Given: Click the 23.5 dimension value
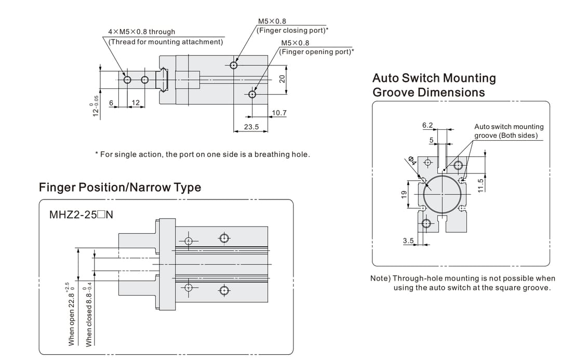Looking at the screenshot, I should pyautogui.click(x=251, y=126).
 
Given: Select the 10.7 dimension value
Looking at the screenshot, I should pyautogui.click(x=279, y=113).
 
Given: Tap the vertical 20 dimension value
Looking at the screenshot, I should pyautogui.click(x=282, y=79).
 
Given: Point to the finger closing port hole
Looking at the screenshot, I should pyautogui.click(x=234, y=65).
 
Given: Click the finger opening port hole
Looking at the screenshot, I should pyautogui.click(x=252, y=94).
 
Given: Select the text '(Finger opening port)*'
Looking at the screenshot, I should pyautogui.click(x=316, y=51).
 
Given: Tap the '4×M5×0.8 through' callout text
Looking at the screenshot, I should pyautogui.click(x=141, y=32).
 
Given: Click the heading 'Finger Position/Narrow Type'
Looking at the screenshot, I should pyautogui.click(x=119, y=188).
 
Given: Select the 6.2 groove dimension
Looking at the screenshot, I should pyautogui.click(x=428, y=125).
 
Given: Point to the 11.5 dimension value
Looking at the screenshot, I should pyautogui.click(x=480, y=185).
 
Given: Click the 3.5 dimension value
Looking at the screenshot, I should pyautogui.click(x=408, y=241).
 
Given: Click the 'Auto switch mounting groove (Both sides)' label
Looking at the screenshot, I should pyautogui.click(x=509, y=131).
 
